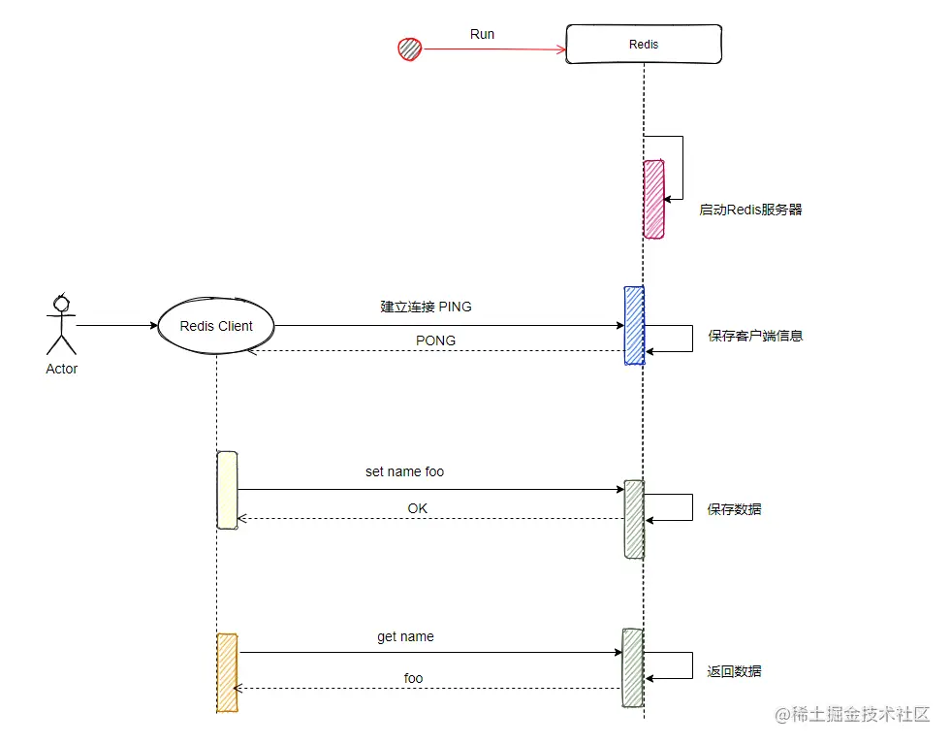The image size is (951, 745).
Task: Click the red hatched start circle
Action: pos(409,49)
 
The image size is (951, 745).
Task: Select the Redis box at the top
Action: pos(644,45)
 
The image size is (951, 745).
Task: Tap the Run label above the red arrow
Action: pos(482,34)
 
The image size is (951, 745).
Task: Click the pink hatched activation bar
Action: pos(653,200)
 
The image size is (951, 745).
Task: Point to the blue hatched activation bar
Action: pos(634,326)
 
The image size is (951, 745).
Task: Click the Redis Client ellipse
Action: pos(216,326)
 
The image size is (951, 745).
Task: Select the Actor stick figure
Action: pos(61,325)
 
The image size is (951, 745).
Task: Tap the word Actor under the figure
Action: pos(62,369)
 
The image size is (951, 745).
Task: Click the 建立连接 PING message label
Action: pos(426,307)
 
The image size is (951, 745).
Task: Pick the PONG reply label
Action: pos(435,340)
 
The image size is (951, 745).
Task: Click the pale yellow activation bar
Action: pos(228,490)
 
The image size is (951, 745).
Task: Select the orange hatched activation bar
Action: pos(228,673)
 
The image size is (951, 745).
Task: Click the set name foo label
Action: pos(404,472)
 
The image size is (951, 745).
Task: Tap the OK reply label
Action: pos(417,508)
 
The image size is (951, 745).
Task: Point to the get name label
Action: pos(405,637)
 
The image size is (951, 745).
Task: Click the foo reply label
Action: pos(414,678)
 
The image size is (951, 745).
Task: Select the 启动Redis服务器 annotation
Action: pos(750,210)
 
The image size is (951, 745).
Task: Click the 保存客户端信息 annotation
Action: pos(755,336)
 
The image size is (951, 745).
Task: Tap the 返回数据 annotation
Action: pos(734,671)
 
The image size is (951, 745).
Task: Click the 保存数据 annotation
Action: pos(734,509)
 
